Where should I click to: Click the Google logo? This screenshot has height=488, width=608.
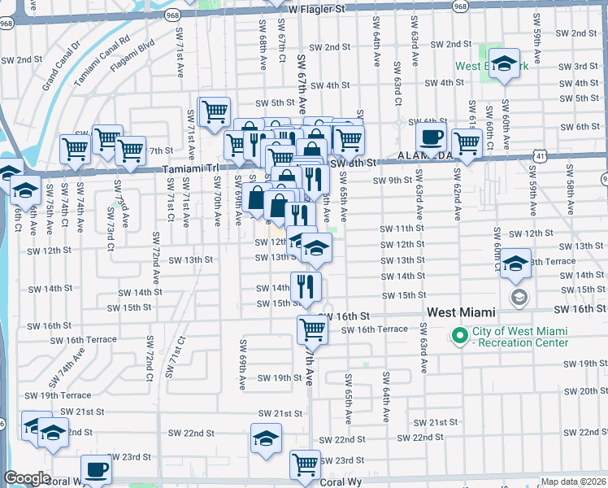click(x=27, y=478)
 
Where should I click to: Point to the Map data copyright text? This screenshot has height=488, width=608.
click(x=573, y=481)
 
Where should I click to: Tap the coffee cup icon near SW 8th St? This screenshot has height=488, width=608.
click(x=431, y=137)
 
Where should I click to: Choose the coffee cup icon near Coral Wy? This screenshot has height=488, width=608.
click(x=97, y=469)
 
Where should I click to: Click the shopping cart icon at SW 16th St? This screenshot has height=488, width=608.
click(x=312, y=329)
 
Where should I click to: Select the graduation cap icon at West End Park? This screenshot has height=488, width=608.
click(x=505, y=64)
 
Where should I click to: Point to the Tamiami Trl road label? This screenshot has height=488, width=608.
click(x=191, y=168)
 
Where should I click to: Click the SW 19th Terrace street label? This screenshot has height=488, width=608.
click(x=52, y=394)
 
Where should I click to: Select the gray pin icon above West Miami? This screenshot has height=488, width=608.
click(x=518, y=298)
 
